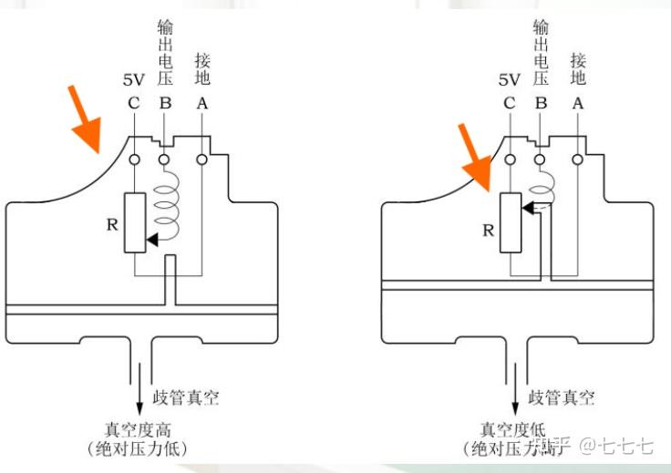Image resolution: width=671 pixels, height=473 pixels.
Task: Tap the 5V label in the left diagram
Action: click(x=134, y=80)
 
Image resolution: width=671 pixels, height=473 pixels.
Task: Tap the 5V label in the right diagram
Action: click(x=509, y=80)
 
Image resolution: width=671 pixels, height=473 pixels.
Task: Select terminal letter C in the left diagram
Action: click(x=134, y=103)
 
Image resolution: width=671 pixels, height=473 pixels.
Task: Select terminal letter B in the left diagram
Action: click(x=165, y=103)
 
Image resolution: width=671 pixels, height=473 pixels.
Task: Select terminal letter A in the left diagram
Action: click(x=202, y=103)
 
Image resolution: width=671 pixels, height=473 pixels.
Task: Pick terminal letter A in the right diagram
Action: click(x=577, y=103)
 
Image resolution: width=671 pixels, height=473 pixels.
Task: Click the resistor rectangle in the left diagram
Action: click(x=134, y=222)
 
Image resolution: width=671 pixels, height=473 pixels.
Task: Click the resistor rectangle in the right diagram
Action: click(x=510, y=221)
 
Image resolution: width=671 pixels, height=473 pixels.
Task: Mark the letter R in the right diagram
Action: click(x=488, y=231)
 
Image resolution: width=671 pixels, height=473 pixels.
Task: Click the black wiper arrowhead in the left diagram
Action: click(x=151, y=240)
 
